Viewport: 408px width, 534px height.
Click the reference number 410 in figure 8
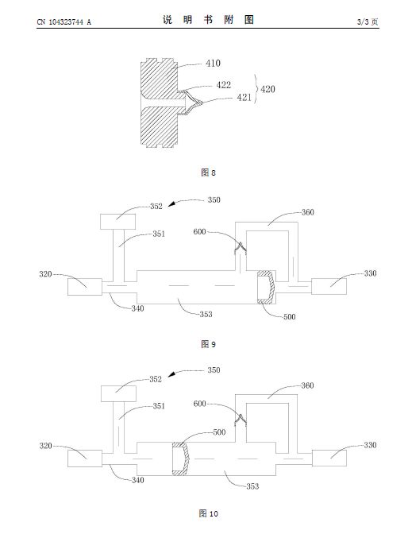coord(213,64)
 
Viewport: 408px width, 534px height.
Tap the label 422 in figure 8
coord(224,85)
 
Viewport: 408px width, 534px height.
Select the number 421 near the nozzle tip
coord(244,98)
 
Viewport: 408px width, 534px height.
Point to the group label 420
coord(268,89)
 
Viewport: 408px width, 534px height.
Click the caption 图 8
coord(208,172)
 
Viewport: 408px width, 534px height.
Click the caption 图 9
coord(208,344)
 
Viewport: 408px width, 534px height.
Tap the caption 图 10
coord(208,513)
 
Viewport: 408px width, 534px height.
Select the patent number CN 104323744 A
coord(64,22)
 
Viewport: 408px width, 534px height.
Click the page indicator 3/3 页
coord(368,21)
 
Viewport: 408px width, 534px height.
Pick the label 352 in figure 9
coord(156,207)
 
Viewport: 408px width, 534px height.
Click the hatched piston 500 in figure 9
coord(266,288)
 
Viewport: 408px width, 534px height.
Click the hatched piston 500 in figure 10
coord(181,459)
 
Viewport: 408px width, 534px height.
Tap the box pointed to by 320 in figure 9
coord(85,287)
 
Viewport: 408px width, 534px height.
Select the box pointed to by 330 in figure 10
coord(329,458)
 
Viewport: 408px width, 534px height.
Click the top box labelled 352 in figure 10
coord(119,393)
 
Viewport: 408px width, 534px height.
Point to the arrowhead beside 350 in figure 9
coord(171,204)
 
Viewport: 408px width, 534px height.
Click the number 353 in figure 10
coord(252,486)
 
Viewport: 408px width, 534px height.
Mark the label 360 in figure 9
coord(308,212)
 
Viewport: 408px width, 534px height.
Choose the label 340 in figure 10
coord(138,480)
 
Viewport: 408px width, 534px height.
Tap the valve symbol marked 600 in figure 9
coord(241,248)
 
